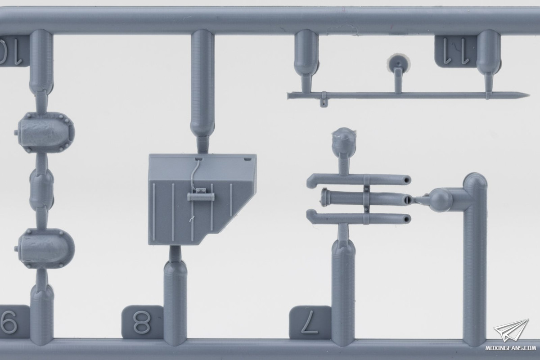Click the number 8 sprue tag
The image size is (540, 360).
tap(142, 322)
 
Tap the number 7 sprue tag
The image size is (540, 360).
tap(310, 322)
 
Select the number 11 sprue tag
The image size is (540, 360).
tap(455, 51)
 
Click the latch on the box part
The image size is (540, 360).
tap(201, 196)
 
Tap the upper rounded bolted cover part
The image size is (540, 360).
tap(46, 132)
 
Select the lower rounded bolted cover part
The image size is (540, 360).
tap(46, 248)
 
